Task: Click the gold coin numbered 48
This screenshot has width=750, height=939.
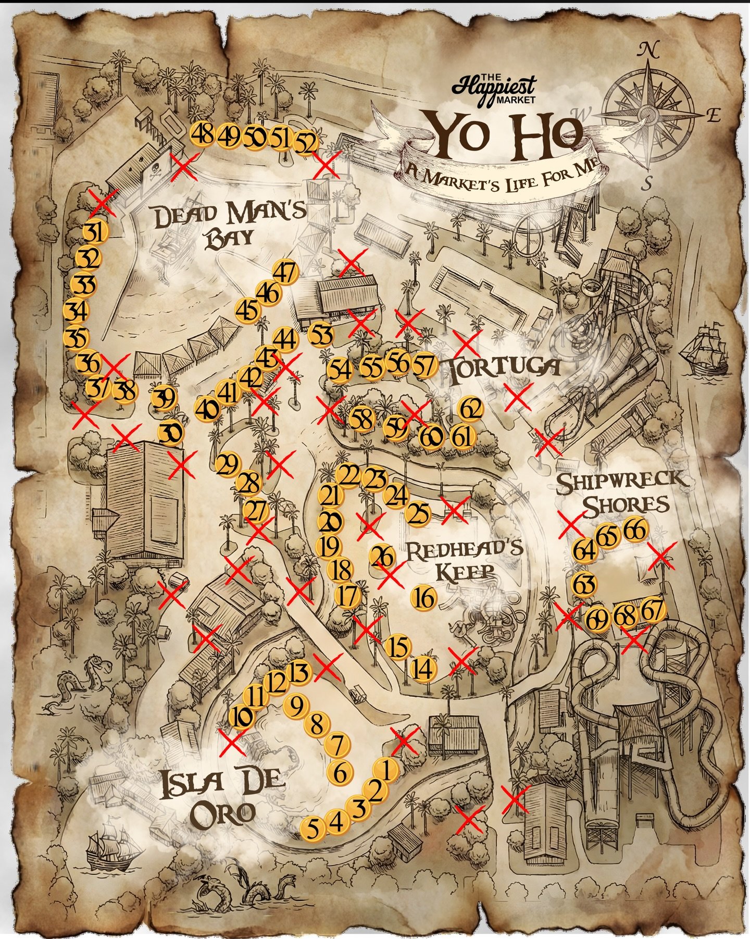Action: coord(202,135)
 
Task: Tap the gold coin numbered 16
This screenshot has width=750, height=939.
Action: coord(424,597)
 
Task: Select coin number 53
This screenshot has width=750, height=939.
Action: coord(321,334)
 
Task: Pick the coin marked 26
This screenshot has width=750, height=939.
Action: coord(383,557)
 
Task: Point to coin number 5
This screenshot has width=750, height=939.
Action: coord(312,827)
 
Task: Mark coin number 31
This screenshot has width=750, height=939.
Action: coord(95,232)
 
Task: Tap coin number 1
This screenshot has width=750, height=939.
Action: coord(386,769)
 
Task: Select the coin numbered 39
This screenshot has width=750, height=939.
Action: coord(164,399)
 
